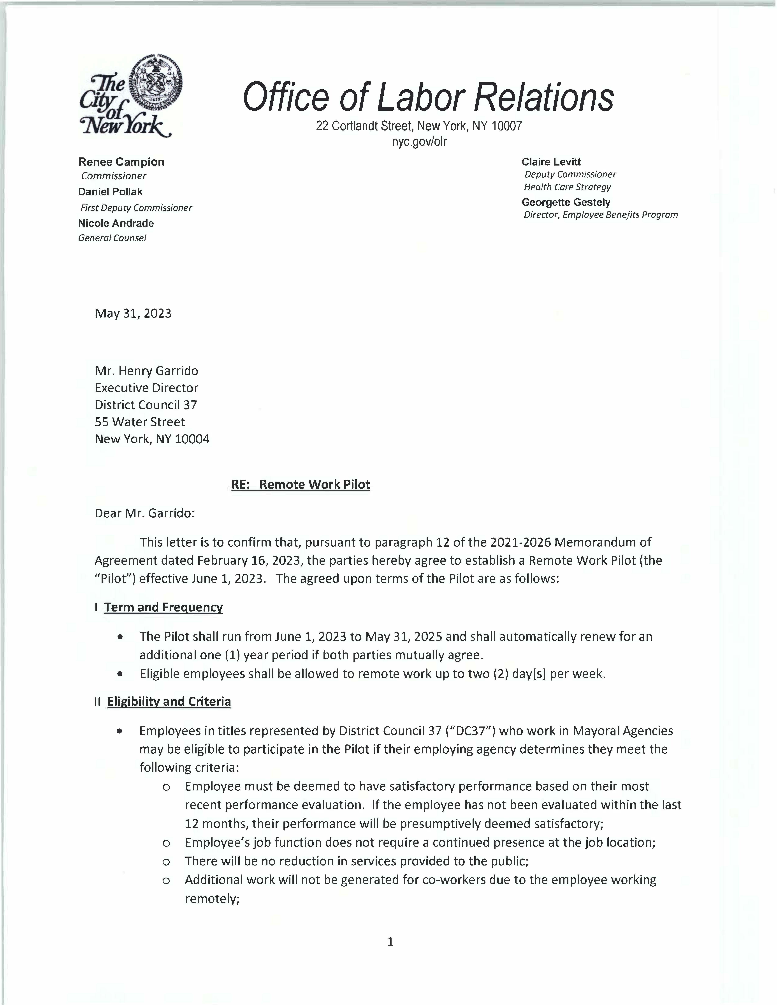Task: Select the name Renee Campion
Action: coord(121,162)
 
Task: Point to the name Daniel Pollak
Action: coord(110,192)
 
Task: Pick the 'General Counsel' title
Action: coord(112,238)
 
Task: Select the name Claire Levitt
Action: coord(551,162)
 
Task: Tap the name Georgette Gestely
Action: coord(566,203)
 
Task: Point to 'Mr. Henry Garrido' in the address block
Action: coord(146,371)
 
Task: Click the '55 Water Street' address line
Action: coord(140,422)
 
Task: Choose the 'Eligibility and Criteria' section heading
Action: coord(169,702)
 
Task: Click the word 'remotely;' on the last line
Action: coord(212,899)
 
